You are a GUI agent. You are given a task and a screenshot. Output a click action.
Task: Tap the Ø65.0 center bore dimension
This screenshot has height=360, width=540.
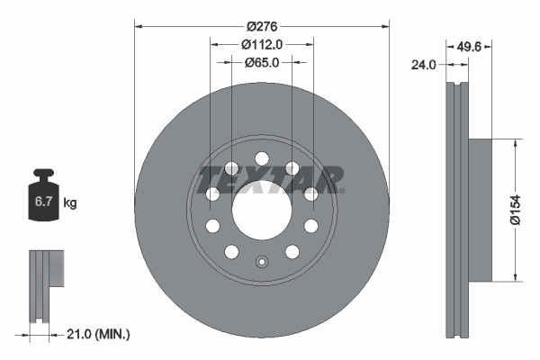coord(262,62)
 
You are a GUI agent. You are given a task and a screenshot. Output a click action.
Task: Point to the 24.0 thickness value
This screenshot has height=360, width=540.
coord(424,64)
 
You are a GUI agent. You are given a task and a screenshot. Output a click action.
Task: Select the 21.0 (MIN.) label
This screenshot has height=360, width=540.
coord(99,334)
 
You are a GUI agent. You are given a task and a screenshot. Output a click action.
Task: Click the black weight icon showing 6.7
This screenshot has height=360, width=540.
coord(43,197)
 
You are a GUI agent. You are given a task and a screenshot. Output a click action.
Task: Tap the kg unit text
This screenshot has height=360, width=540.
coord(70,203)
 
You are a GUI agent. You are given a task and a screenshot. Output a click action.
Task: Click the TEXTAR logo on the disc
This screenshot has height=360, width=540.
coord(270,179)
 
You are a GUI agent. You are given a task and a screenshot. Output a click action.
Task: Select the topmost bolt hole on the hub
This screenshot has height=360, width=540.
coord(262,158)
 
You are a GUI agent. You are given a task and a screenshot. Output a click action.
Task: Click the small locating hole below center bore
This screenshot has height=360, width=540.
coord(262,263)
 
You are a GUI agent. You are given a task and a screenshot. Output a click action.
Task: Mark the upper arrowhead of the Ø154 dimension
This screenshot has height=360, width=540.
coord(514,142)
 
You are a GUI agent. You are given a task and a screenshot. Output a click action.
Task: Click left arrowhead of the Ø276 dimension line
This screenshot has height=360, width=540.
coord(138,25)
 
